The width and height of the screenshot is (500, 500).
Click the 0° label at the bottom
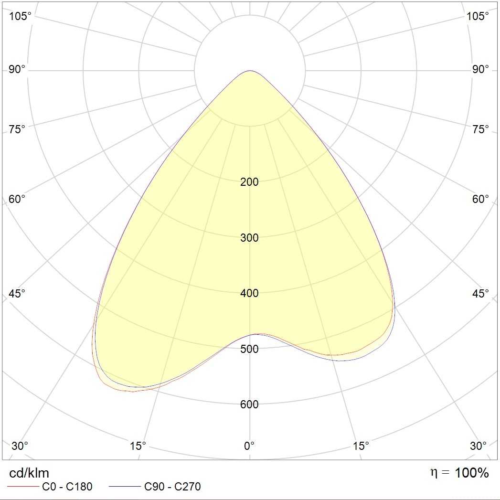point(249,446)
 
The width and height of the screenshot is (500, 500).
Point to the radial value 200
point(249,182)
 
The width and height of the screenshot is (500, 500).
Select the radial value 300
point(249,238)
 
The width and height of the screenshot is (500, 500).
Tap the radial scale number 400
point(249,293)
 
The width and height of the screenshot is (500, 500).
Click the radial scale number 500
point(249,349)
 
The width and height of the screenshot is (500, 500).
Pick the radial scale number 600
point(249,404)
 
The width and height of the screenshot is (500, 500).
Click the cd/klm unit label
point(29,473)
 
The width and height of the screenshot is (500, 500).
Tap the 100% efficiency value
point(472,473)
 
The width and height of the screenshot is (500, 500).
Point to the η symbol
point(434,473)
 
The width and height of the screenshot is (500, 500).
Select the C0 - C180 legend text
point(67,487)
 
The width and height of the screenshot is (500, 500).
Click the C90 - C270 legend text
point(172,487)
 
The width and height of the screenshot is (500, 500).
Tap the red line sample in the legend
point(23,487)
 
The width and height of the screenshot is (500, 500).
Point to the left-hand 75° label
point(17,129)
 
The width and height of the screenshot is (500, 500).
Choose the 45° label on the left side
point(17,293)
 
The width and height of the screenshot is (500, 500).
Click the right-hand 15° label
point(361,446)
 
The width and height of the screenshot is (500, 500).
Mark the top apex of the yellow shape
point(250,71)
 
